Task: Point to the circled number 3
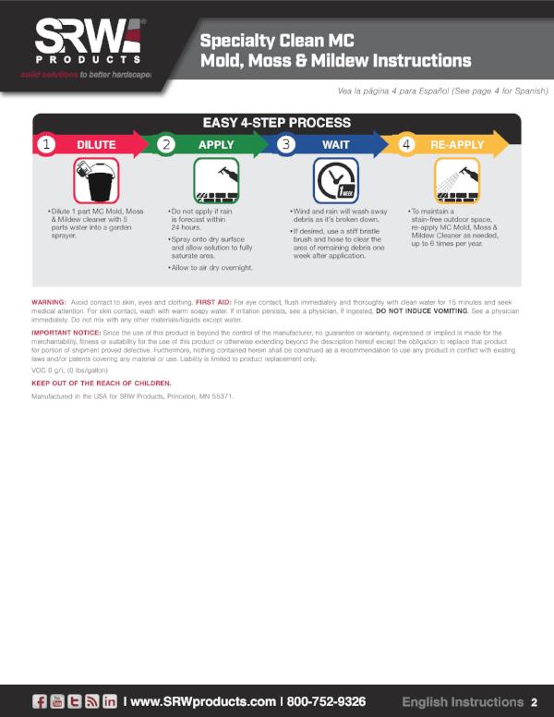[285, 144]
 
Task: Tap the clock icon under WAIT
[336, 179]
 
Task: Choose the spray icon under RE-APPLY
[456, 179]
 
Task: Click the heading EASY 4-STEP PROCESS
[277, 122]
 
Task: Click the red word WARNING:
[48, 302]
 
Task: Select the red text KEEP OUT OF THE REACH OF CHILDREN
[102, 383]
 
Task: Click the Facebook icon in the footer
[41, 700]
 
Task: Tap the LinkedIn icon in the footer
[111, 700]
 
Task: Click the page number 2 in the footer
[535, 701]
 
